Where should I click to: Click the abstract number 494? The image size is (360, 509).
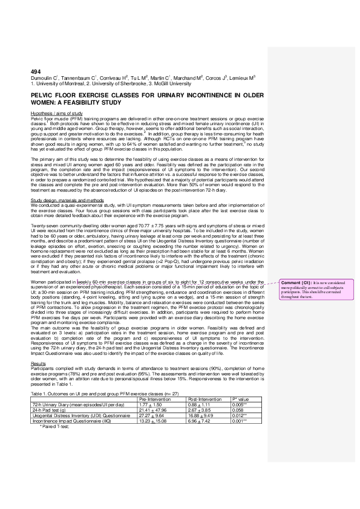(35, 72)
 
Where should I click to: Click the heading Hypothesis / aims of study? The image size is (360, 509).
(56, 113)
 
